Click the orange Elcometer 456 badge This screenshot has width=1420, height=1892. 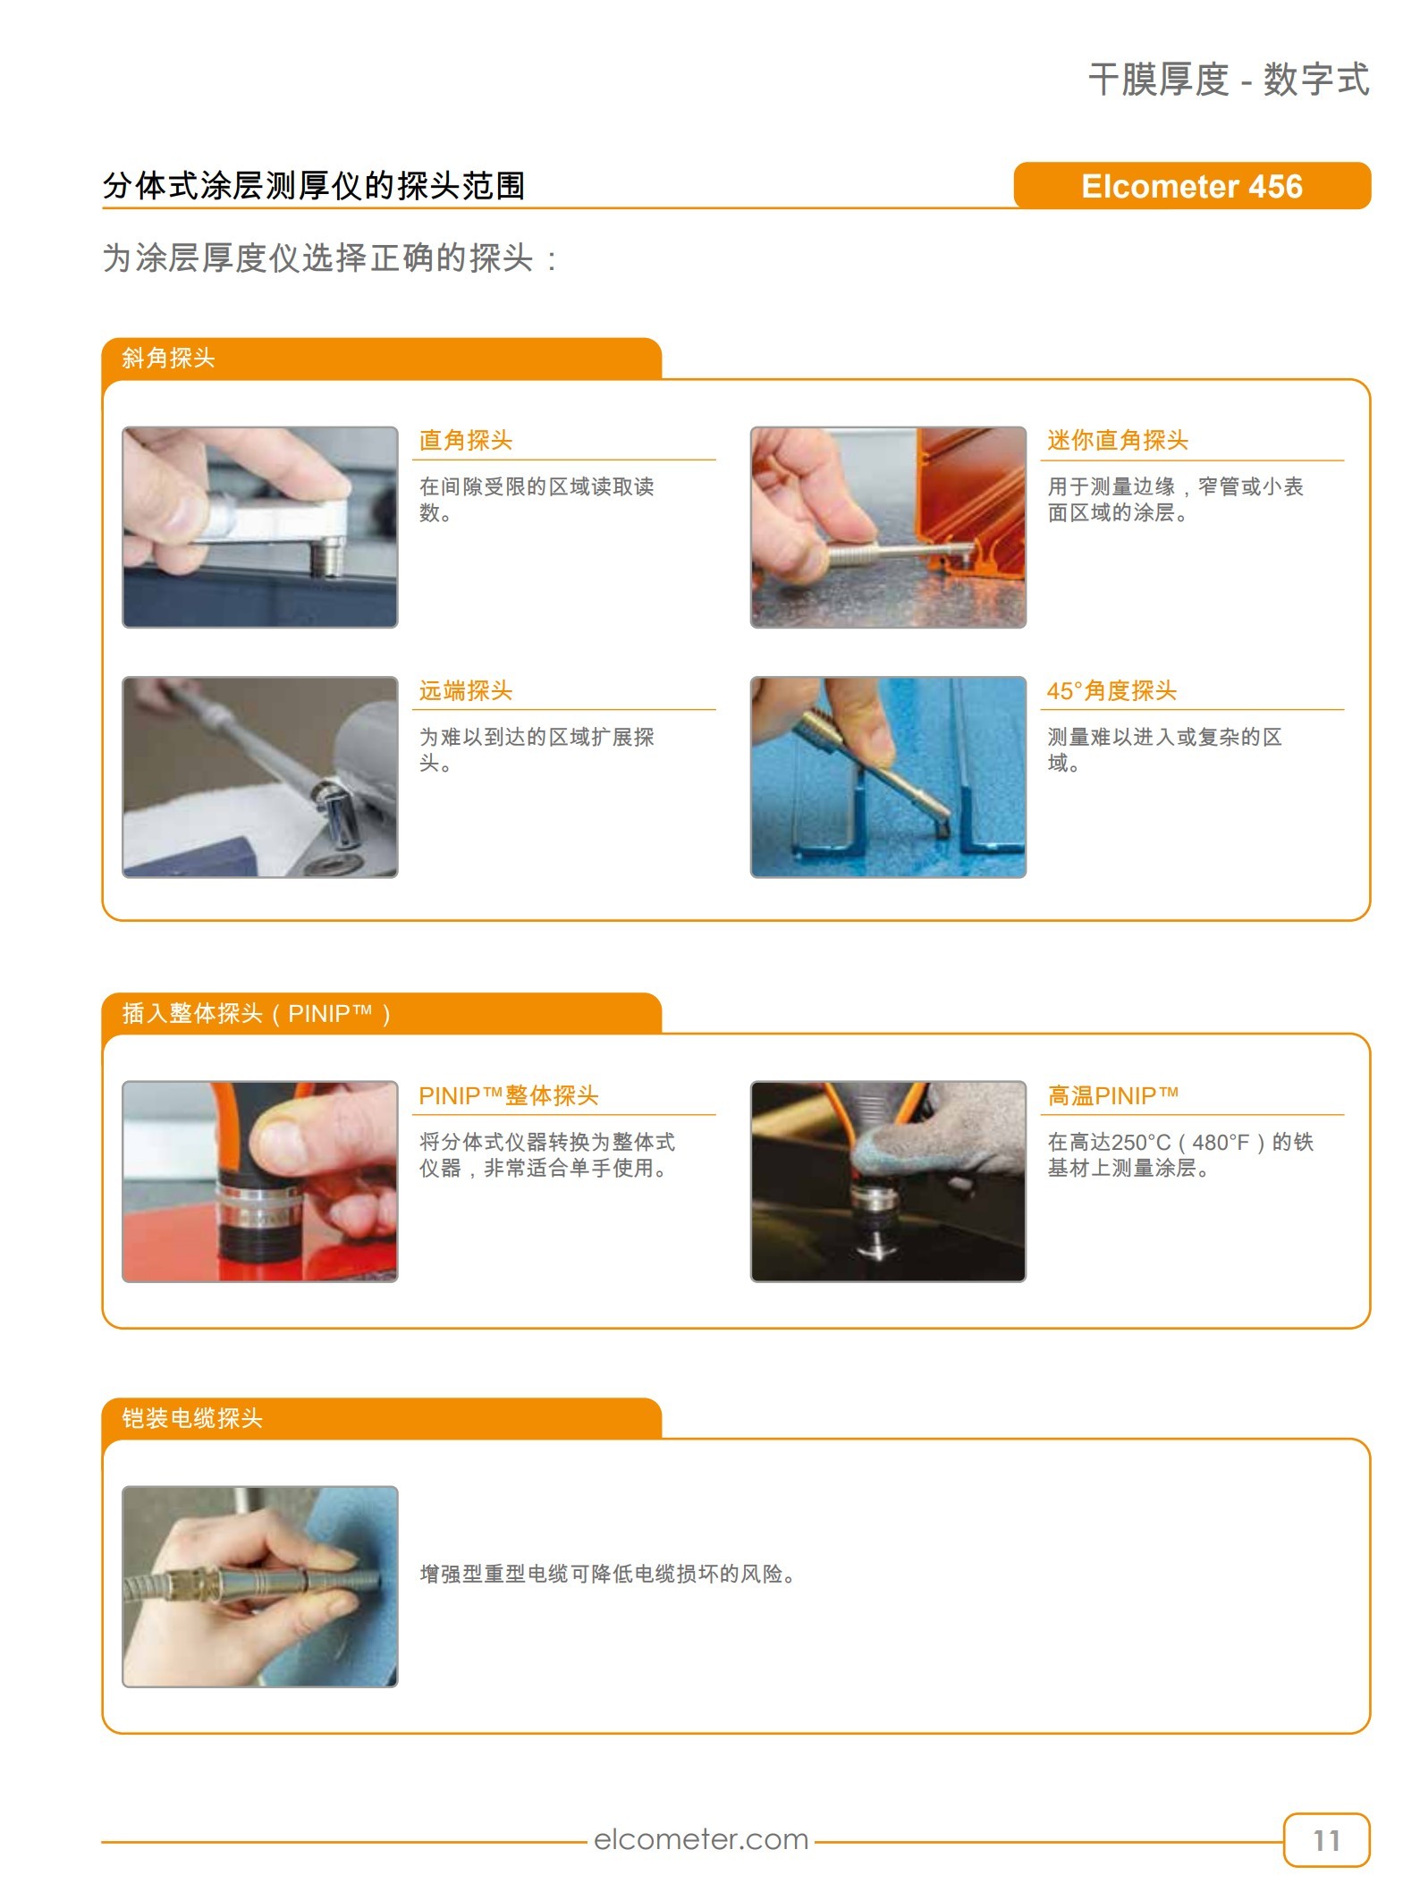[x=1191, y=186]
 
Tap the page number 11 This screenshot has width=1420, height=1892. [x=1326, y=1840]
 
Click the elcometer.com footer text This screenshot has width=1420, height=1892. [x=701, y=1839]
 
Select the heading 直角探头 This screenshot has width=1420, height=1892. [x=466, y=441]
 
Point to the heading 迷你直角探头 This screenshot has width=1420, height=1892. [x=1118, y=441]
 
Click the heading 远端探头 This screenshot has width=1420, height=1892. [x=466, y=691]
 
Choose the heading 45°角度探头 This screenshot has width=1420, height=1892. [x=1111, y=691]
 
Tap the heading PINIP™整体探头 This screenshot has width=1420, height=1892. [x=509, y=1095]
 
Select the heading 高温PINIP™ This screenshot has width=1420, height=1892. [x=1113, y=1095]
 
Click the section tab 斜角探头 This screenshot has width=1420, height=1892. [x=168, y=359]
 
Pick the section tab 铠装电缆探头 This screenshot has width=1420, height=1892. [x=192, y=1418]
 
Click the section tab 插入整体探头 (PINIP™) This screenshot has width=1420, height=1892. [x=257, y=1014]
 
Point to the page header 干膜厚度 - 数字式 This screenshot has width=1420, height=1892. [x=1229, y=80]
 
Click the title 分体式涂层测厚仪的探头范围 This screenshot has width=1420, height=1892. [x=314, y=186]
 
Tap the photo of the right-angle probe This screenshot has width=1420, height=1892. [x=260, y=528]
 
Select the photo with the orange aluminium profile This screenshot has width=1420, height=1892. [x=888, y=528]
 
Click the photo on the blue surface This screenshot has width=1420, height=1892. [x=888, y=777]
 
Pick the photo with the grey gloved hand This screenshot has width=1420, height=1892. [x=888, y=1181]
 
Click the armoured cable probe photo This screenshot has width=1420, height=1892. [x=260, y=1586]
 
